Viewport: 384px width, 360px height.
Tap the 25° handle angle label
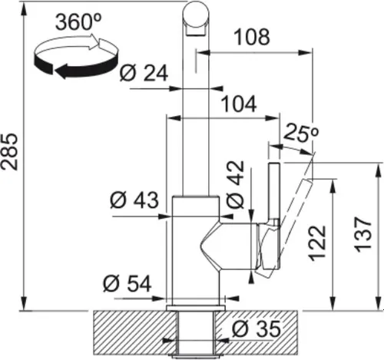(x=300, y=131)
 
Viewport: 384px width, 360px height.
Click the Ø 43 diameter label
(x=134, y=201)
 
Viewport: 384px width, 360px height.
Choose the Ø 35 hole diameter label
(x=252, y=330)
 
